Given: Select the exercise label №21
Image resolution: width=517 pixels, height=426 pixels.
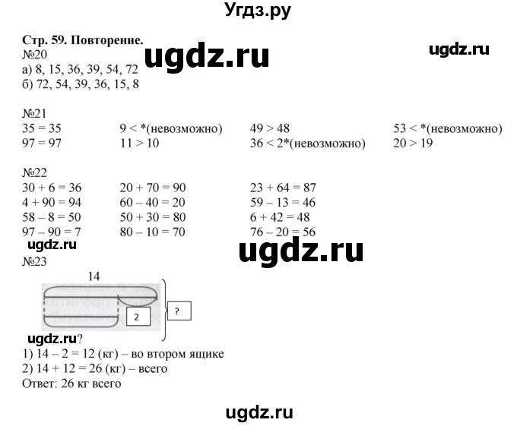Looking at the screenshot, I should pyautogui.click(x=35, y=118).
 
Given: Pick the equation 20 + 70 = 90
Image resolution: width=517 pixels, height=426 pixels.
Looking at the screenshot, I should pyautogui.click(x=154, y=188).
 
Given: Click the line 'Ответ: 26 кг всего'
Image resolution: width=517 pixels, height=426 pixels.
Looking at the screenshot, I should pyautogui.click(x=72, y=383).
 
